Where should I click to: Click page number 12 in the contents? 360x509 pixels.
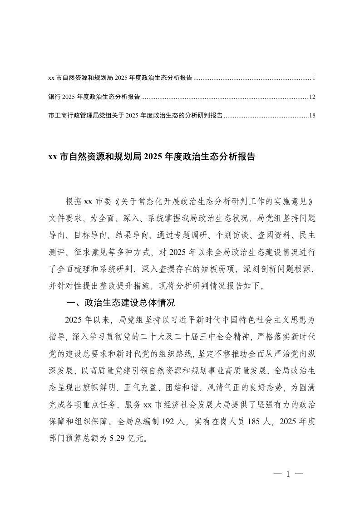[x=312, y=97]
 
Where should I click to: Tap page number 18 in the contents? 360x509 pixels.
[x=312, y=116]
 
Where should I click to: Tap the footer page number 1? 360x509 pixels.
[x=288, y=475]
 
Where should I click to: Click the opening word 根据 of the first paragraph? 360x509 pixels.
[x=74, y=201]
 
